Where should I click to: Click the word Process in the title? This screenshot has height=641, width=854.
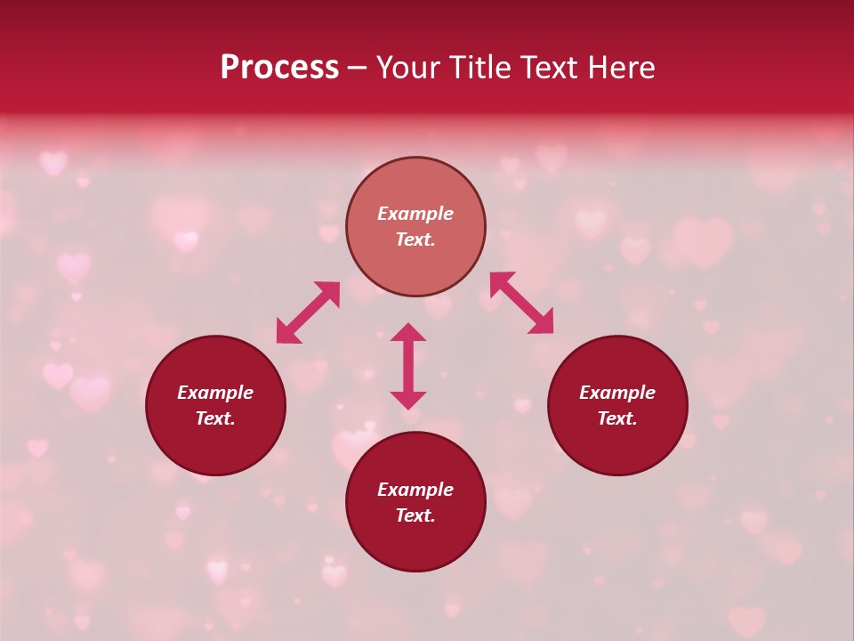click(279, 68)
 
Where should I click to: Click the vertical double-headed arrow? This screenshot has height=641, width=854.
click(408, 366)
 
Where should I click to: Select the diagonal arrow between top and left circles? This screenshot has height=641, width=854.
click(308, 312)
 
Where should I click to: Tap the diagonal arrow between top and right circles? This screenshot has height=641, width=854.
click(522, 303)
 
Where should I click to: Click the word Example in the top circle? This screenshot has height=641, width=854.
click(415, 214)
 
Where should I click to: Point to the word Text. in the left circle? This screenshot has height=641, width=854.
click(215, 418)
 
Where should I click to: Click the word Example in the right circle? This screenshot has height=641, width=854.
click(617, 393)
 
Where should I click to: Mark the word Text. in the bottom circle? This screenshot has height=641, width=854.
click(415, 515)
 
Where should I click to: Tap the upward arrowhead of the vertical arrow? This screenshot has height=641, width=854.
click(408, 332)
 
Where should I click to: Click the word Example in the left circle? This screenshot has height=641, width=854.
click(215, 393)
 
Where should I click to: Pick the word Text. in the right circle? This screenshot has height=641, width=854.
click(617, 418)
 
